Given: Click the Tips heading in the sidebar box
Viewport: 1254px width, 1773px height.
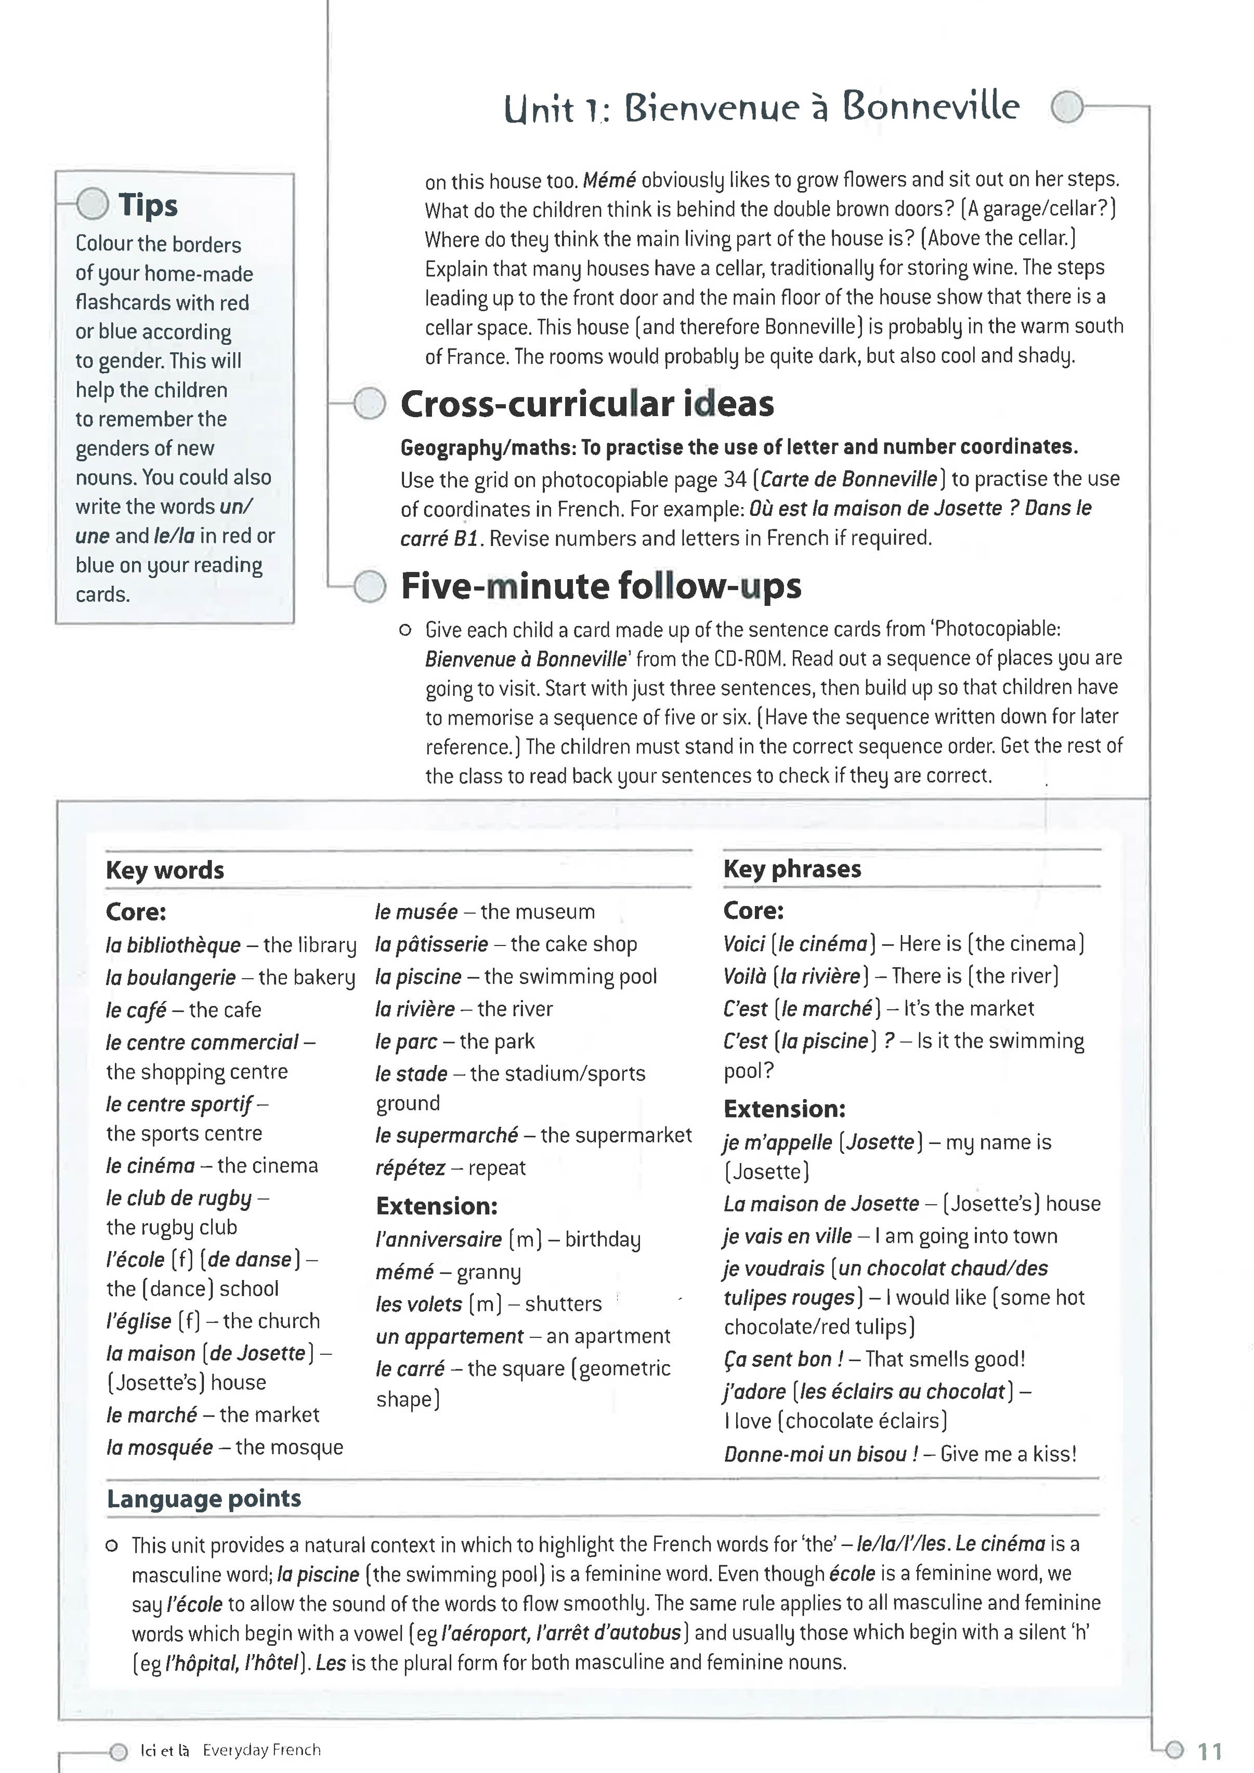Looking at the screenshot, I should [148, 205].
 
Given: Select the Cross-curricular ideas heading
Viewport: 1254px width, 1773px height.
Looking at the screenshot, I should [586, 404].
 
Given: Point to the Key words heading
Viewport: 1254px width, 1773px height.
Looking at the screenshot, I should [165, 870].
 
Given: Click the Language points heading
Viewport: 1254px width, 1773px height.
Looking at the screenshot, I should [204, 1498].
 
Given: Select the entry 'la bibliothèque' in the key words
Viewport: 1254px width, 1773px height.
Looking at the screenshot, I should [173, 945].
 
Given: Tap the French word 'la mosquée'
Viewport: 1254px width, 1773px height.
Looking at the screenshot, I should [159, 1447].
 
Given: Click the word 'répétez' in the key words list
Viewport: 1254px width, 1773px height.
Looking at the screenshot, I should [410, 1168].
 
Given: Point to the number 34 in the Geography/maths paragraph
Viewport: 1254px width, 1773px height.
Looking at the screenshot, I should [735, 479].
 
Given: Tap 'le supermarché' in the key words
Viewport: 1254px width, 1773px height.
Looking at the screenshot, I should [446, 1135].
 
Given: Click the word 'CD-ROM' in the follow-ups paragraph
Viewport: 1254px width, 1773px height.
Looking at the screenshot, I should [747, 659].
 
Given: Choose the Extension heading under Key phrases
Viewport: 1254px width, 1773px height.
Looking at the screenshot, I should [784, 1109].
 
